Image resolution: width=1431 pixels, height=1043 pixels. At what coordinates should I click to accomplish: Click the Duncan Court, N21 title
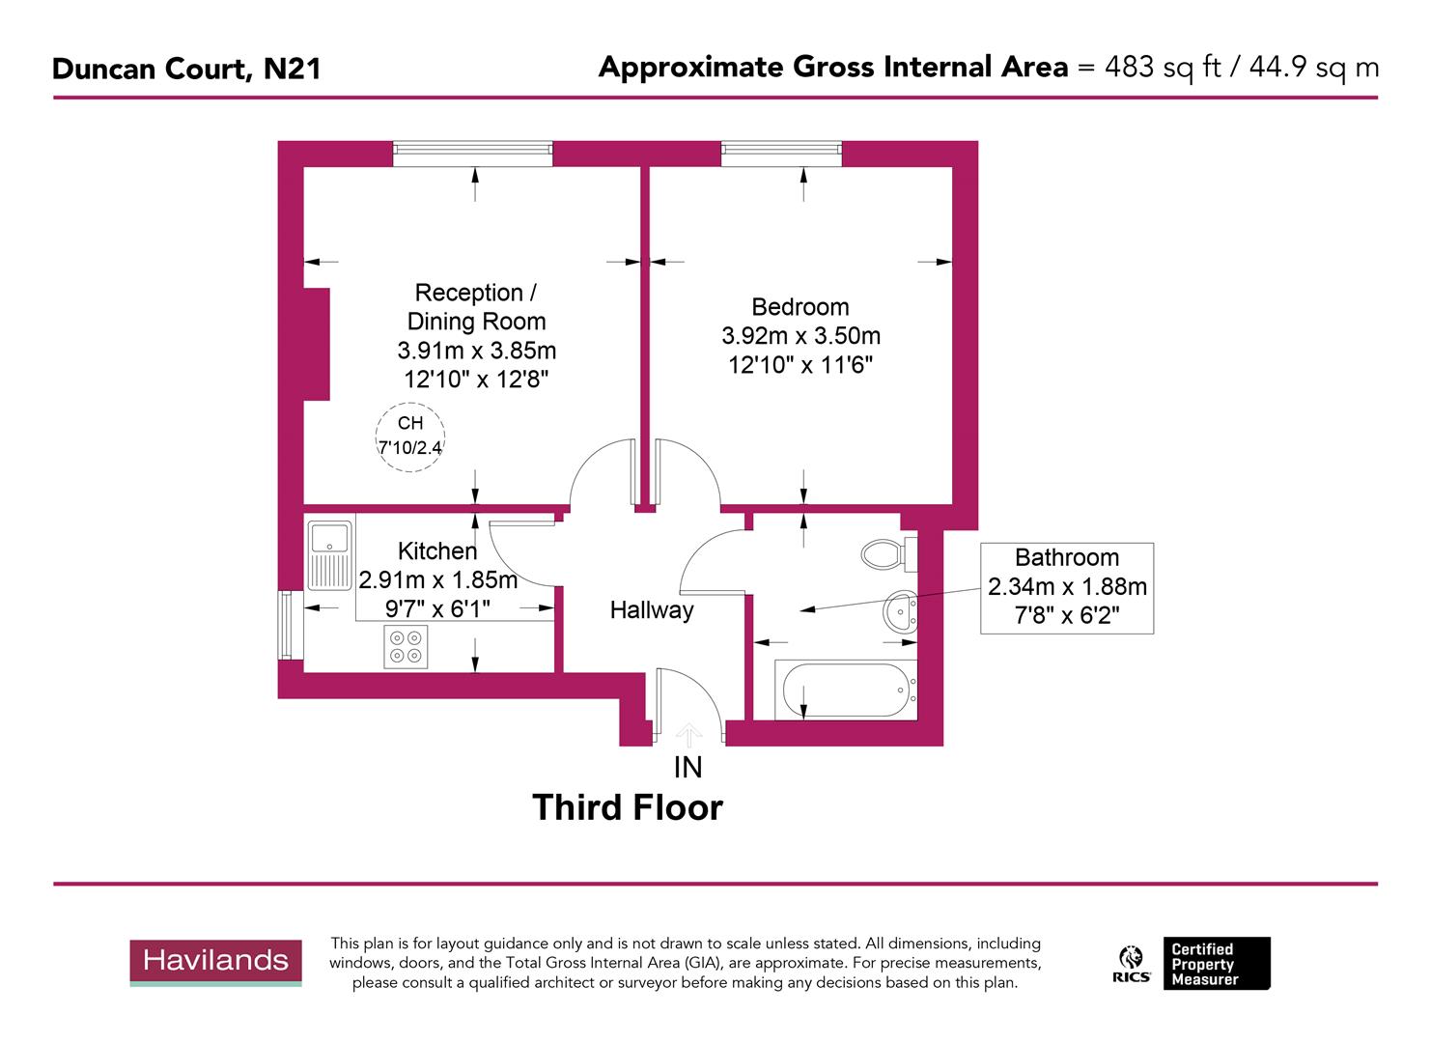point(186,69)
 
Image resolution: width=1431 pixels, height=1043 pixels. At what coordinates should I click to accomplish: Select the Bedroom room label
point(800,307)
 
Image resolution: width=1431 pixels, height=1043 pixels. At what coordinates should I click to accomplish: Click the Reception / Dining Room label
point(476,307)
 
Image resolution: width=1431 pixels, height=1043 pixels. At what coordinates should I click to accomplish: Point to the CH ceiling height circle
point(410,437)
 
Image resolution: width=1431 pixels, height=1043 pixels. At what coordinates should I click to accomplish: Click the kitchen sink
point(330,554)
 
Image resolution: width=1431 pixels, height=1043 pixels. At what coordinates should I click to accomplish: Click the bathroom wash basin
point(900,612)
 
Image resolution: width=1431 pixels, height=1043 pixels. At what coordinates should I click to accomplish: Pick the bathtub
point(846,691)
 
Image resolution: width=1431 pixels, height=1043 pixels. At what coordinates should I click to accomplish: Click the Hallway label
point(652,610)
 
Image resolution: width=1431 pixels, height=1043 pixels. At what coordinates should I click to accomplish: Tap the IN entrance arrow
point(687,738)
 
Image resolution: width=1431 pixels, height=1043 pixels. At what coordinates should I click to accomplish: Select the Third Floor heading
point(628,807)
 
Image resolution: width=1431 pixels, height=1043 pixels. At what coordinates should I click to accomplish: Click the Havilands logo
point(216,961)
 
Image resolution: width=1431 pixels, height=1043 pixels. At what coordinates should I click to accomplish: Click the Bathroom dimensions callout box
point(1067,587)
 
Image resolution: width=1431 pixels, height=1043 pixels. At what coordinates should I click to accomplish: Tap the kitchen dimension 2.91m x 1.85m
point(438,580)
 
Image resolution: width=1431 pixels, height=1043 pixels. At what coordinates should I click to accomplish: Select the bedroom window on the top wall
point(781,153)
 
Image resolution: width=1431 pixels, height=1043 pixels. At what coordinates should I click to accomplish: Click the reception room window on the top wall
point(473,153)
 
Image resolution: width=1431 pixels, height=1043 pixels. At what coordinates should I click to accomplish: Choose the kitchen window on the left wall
point(286,625)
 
